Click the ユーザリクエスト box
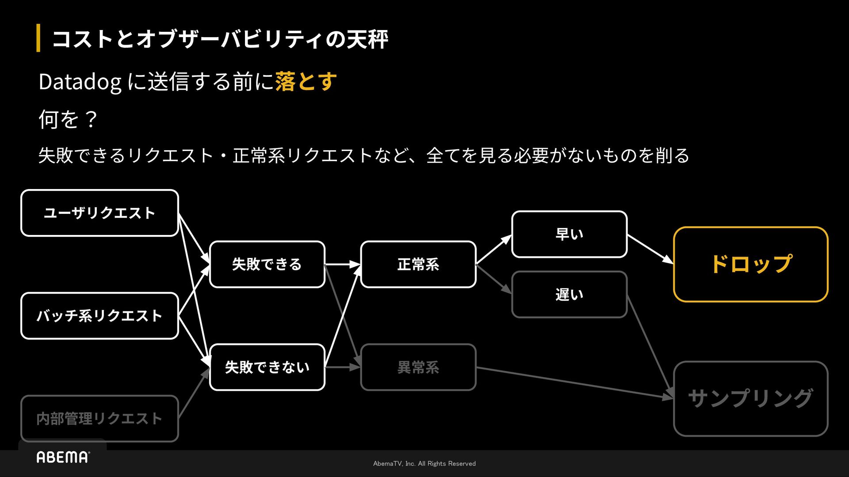[x=99, y=213]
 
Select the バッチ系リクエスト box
[x=99, y=316]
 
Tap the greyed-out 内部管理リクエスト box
[x=99, y=418]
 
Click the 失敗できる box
[x=267, y=264]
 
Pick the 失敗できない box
[x=267, y=367]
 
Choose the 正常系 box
[x=418, y=264]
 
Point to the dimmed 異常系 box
[x=418, y=367]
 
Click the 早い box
[x=569, y=234]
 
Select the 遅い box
[x=569, y=295]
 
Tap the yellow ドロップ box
[x=750, y=264]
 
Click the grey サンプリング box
[x=750, y=398]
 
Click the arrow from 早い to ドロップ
[x=650, y=249]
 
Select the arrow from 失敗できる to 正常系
[x=343, y=264]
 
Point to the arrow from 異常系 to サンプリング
[x=575, y=382]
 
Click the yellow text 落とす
[x=306, y=82]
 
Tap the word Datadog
[x=80, y=82]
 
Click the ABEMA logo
[x=63, y=457]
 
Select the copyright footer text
[x=424, y=463]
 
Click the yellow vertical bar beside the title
[x=38, y=38]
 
